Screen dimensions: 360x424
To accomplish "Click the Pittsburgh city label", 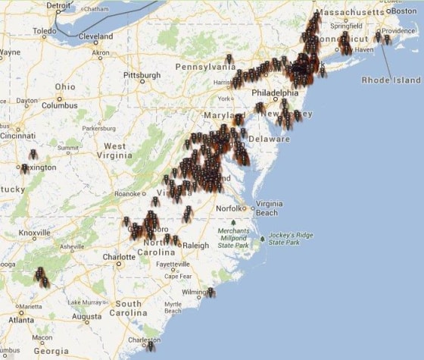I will pos(142,76).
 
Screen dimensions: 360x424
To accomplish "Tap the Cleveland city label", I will pos(95,36).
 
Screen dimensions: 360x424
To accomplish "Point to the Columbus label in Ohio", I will pos(60,105).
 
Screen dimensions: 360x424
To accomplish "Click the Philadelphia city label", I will pos(275,93).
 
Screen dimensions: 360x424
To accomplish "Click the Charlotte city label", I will pos(119,257).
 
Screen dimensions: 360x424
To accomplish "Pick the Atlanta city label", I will pos(22,320).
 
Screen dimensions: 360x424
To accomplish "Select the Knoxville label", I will pos(35,233).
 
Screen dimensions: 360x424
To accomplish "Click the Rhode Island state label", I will pos(391,80).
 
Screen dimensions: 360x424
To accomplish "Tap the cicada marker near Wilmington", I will pos(210,292).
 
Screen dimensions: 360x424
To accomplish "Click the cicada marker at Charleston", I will pos(150,346).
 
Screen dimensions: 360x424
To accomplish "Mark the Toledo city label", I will pos(44,31).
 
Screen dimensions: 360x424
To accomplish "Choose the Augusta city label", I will pos(86,317).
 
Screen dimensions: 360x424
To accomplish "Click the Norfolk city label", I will pos(229,208).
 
